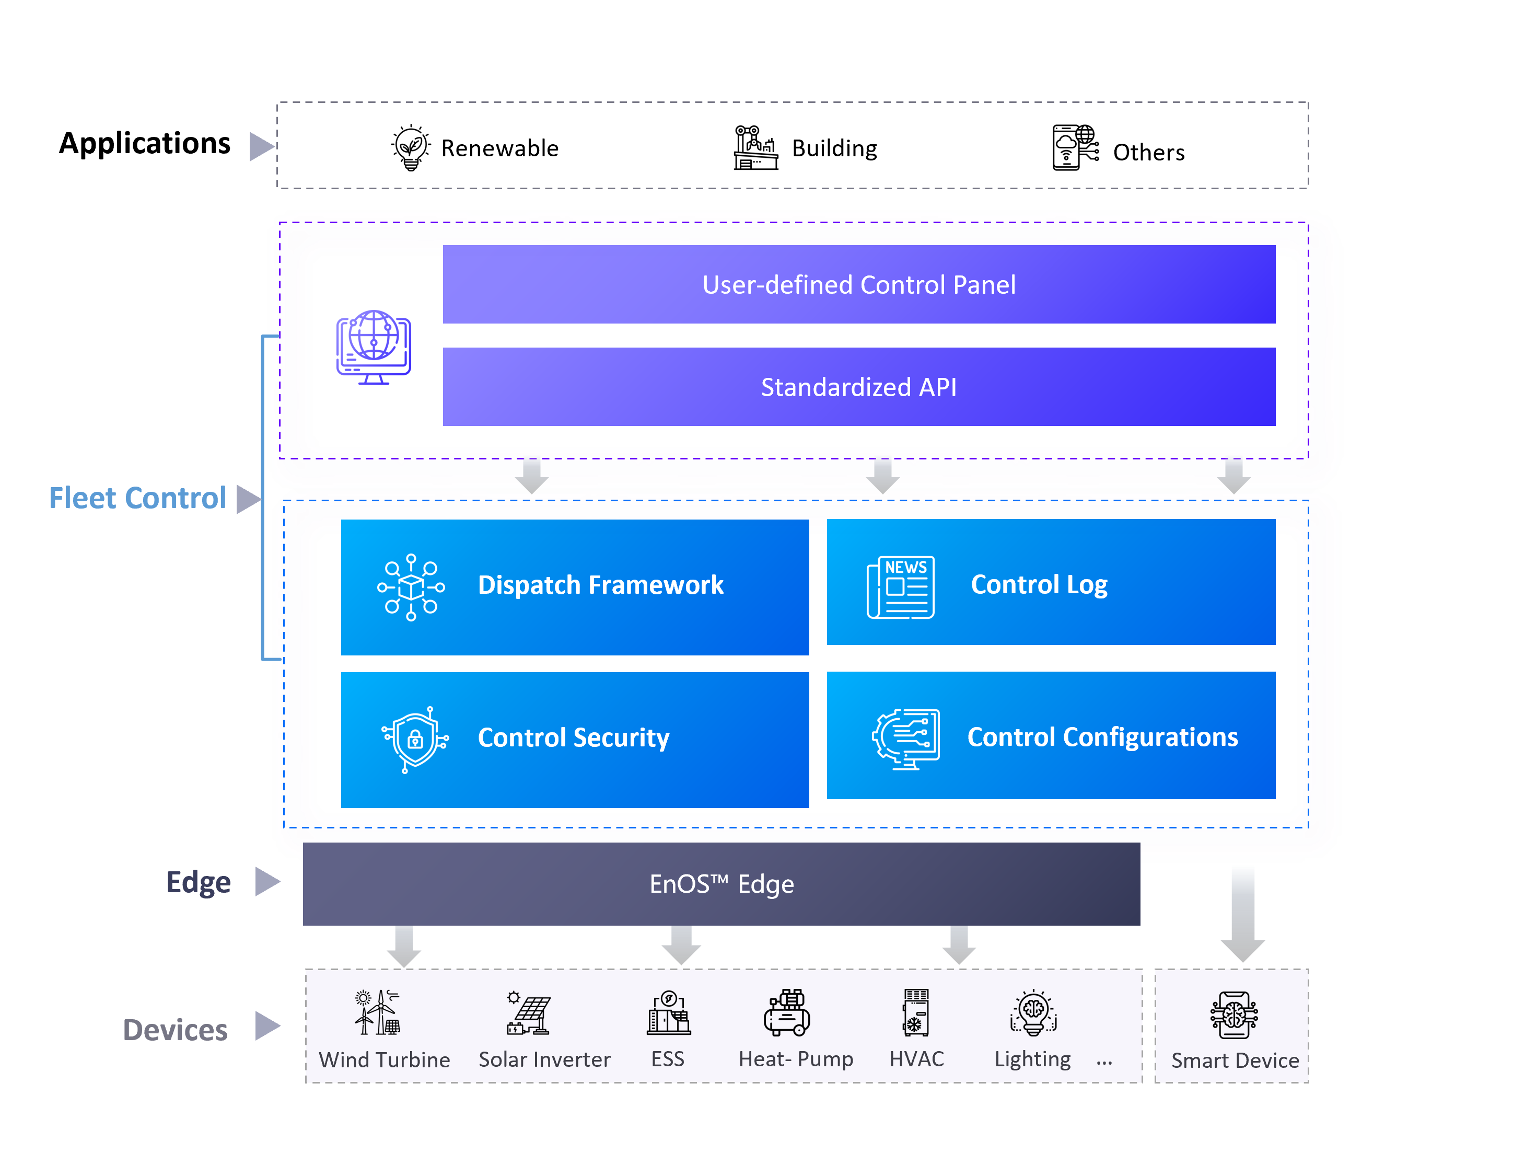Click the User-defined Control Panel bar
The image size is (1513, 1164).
click(858, 284)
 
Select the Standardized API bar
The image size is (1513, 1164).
click(858, 387)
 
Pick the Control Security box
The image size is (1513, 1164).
click(574, 739)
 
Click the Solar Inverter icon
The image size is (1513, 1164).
click(528, 1013)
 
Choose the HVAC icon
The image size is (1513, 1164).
click(915, 1011)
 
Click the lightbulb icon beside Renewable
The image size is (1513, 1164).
click(410, 147)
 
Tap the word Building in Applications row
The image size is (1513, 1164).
click(834, 148)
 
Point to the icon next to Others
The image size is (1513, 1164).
click(1074, 147)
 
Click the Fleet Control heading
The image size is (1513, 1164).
click(137, 498)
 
